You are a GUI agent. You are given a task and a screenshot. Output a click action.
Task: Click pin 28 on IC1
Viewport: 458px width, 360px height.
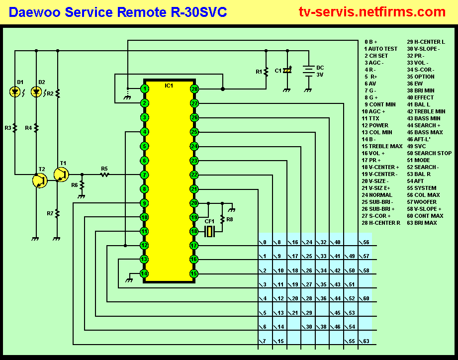pyautogui.click(x=194, y=89)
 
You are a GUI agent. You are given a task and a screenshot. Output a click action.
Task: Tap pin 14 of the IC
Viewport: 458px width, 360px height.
pyautogui.click(x=144, y=273)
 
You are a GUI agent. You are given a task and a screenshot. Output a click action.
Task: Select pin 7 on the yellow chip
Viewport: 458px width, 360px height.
pyautogui.click(x=144, y=175)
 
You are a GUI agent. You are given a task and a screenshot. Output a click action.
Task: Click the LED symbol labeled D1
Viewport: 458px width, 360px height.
pyautogui.click(x=15, y=92)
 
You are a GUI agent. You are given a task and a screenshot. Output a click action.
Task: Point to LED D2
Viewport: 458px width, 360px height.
pyautogui.click(x=36, y=92)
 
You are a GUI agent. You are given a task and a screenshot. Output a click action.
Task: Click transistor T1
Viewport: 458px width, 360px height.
pyautogui.click(x=61, y=175)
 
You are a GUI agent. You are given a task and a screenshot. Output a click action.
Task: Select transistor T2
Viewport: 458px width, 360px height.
pyautogui.click(x=40, y=180)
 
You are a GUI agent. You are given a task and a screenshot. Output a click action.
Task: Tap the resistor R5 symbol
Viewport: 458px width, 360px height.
pyautogui.click(x=104, y=175)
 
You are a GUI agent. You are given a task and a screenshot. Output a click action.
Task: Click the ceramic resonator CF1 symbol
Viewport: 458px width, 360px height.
pyautogui.click(x=209, y=232)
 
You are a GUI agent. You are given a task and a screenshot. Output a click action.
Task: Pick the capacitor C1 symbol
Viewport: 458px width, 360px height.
pyautogui.click(x=287, y=71)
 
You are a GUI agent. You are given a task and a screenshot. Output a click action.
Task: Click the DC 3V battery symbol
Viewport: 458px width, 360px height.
pyautogui.click(x=309, y=71)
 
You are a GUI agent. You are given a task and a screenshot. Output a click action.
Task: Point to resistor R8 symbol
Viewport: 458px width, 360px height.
pyautogui.click(x=222, y=220)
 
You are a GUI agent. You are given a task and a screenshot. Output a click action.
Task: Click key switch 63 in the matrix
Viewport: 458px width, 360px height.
pyautogui.click(x=364, y=341)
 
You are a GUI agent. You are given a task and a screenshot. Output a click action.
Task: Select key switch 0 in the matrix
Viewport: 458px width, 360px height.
pyautogui.click(x=263, y=242)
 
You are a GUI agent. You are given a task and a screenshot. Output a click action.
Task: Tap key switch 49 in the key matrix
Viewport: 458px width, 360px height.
pyautogui.click(x=350, y=256)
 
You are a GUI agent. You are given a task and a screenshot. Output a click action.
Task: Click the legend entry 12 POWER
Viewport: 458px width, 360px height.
pyautogui.click(x=375, y=125)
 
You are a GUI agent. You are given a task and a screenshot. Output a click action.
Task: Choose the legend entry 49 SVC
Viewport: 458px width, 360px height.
pyautogui.click(x=417, y=146)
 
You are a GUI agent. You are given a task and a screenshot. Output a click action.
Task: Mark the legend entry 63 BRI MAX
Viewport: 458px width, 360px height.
pyautogui.click(x=422, y=223)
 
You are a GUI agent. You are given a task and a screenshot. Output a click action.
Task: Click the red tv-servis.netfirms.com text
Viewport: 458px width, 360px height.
pyautogui.click(x=372, y=11)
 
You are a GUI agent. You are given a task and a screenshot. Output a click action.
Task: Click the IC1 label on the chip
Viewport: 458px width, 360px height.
pyautogui.click(x=169, y=86)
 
